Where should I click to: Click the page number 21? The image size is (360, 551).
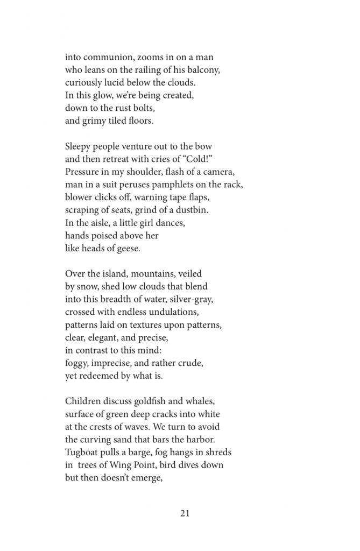point(185,513)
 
